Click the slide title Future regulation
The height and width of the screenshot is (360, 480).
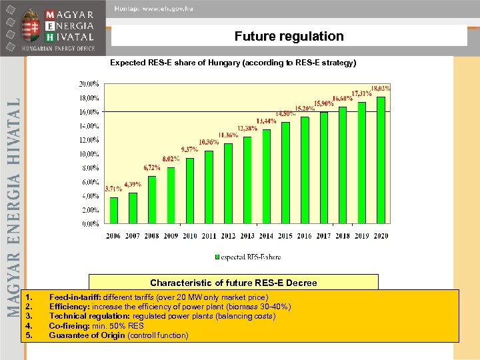[x=289, y=37]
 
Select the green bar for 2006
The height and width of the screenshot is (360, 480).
[x=113, y=210]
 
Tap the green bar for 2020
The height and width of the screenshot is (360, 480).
[x=381, y=160]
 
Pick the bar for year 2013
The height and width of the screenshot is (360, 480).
[x=247, y=180]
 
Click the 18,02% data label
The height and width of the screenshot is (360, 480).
[x=381, y=87]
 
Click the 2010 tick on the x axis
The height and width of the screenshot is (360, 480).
[x=190, y=235]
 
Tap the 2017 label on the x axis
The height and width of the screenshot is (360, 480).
[x=323, y=235]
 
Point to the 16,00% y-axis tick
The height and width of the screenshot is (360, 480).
[x=89, y=112]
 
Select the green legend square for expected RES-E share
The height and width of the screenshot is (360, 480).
[x=217, y=257]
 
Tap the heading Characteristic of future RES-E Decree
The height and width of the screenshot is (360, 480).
[x=233, y=283]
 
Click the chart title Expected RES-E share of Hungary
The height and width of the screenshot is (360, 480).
[x=233, y=63]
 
